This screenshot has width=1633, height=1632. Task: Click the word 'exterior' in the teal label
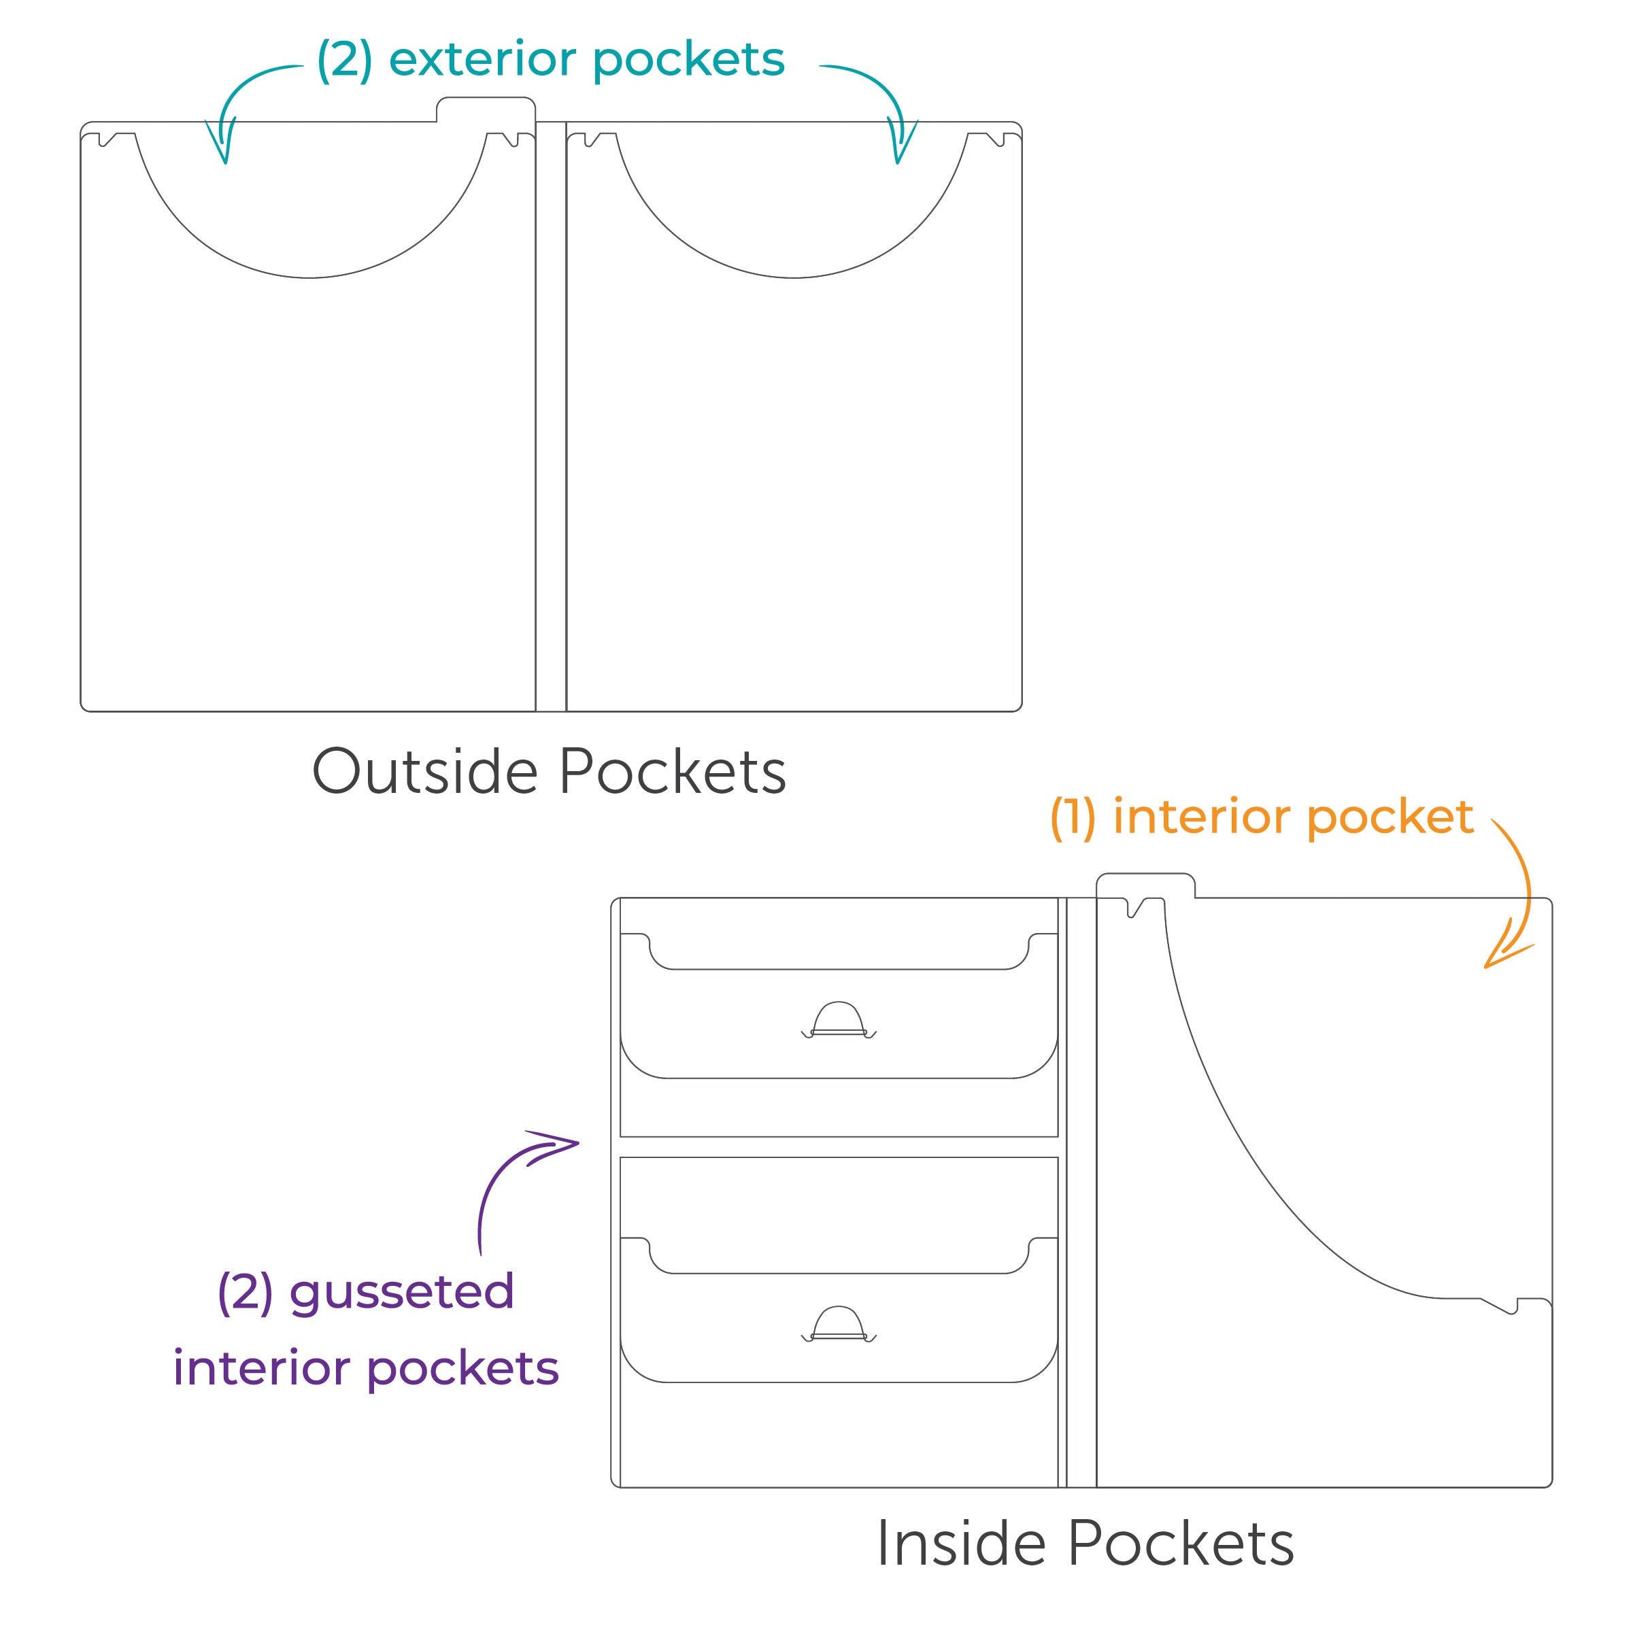coord(482,59)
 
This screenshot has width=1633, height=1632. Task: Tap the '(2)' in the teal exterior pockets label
coord(344,59)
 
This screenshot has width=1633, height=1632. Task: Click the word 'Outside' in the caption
coord(424,772)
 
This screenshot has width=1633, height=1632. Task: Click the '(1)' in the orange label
coord(1073,817)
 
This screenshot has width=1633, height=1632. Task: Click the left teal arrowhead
coord(222,146)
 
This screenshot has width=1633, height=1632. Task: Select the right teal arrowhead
coord(901,146)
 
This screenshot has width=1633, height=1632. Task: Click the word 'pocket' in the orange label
coord(1390,817)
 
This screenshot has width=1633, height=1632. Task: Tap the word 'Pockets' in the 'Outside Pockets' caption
coord(672,772)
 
